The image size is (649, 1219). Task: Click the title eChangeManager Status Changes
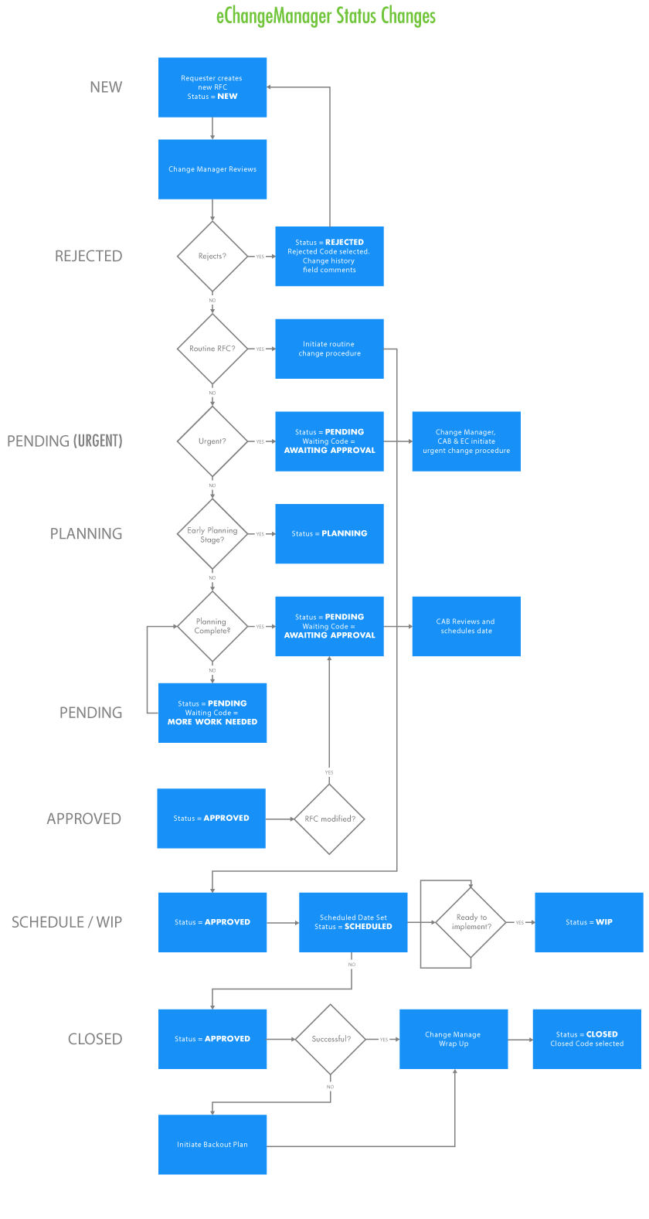[x=325, y=16]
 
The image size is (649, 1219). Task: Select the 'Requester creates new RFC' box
[x=212, y=87]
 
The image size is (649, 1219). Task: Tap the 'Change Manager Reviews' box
[x=212, y=169]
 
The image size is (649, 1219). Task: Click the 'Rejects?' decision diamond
[x=212, y=256]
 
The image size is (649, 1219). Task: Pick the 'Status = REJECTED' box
[x=329, y=257]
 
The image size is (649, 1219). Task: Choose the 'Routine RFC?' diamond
[x=212, y=349]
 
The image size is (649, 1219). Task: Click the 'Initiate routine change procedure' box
[x=329, y=349]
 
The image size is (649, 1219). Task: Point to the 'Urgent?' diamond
[x=212, y=441]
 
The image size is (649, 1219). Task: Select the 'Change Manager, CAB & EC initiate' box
[x=466, y=441]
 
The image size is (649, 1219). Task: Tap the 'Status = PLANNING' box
[x=329, y=534]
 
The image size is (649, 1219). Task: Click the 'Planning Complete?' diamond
[x=212, y=626]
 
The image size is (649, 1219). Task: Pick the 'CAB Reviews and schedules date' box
[x=466, y=626]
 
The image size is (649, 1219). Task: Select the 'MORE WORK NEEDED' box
[x=212, y=713]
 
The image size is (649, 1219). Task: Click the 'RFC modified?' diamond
[x=330, y=819]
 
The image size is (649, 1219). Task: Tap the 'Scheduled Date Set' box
[x=353, y=922]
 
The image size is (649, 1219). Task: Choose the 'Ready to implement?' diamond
[x=471, y=922]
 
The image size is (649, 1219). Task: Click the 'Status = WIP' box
[x=589, y=922]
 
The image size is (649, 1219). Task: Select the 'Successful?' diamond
[x=331, y=1039]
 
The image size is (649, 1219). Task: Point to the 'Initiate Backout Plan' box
[x=212, y=1145]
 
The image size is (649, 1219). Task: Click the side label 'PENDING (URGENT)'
[x=65, y=441]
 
